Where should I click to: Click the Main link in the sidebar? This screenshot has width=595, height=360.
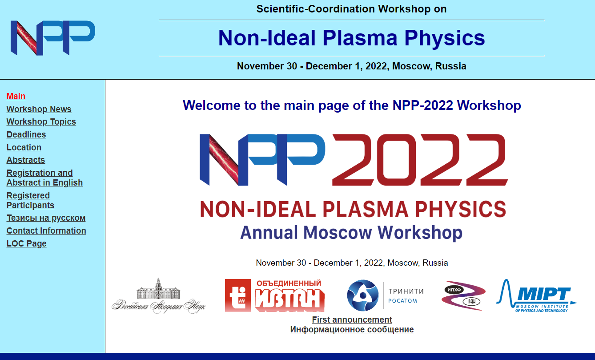click(16, 96)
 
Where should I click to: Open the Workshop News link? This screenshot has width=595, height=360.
click(39, 109)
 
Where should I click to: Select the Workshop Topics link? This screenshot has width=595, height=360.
click(41, 121)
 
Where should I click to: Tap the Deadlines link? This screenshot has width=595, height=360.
click(26, 134)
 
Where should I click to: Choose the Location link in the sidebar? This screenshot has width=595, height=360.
click(24, 147)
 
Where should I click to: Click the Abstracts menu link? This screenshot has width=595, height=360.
click(26, 160)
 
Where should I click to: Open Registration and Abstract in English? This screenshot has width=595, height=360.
click(44, 178)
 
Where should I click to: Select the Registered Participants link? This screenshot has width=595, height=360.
click(30, 200)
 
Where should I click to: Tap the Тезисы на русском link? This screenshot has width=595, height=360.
click(46, 218)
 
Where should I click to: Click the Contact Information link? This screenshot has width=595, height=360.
click(46, 231)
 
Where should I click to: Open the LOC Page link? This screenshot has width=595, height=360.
click(27, 243)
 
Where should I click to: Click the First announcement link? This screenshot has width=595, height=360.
click(352, 320)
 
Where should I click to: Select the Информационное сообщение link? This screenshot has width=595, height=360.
click(352, 329)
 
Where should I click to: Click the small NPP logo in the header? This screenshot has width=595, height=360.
click(52, 38)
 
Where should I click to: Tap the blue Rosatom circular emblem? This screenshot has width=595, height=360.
click(363, 295)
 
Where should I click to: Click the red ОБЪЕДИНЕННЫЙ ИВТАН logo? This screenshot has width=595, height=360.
click(275, 295)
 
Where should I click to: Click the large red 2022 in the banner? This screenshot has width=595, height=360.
click(420, 159)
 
